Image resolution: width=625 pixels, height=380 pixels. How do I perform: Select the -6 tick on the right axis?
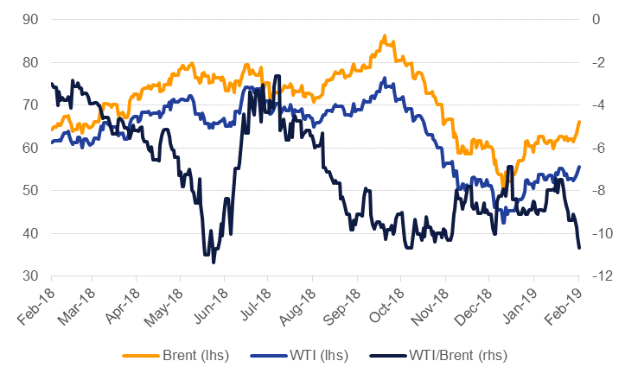click(597, 148)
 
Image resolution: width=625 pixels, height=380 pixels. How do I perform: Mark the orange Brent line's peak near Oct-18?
click(384, 36)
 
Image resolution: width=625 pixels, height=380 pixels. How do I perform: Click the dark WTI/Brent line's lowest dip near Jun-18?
click(213, 261)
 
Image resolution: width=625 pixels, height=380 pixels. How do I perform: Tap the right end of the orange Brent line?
click(579, 122)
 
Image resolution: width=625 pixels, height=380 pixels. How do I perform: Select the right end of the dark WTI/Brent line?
click(579, 249)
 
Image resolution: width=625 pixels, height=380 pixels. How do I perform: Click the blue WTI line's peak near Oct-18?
click(383, 80)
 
